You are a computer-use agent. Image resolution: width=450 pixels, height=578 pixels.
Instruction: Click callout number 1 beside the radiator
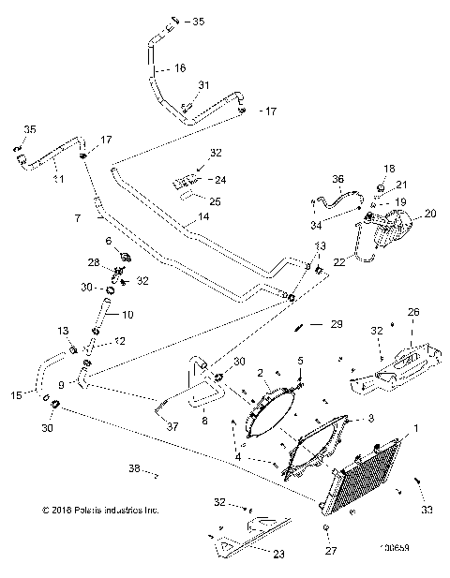(417, 429)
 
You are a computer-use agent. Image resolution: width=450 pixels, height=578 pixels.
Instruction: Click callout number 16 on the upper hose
(180, 68)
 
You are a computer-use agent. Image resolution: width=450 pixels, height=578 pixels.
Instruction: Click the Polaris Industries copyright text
(101, 511)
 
